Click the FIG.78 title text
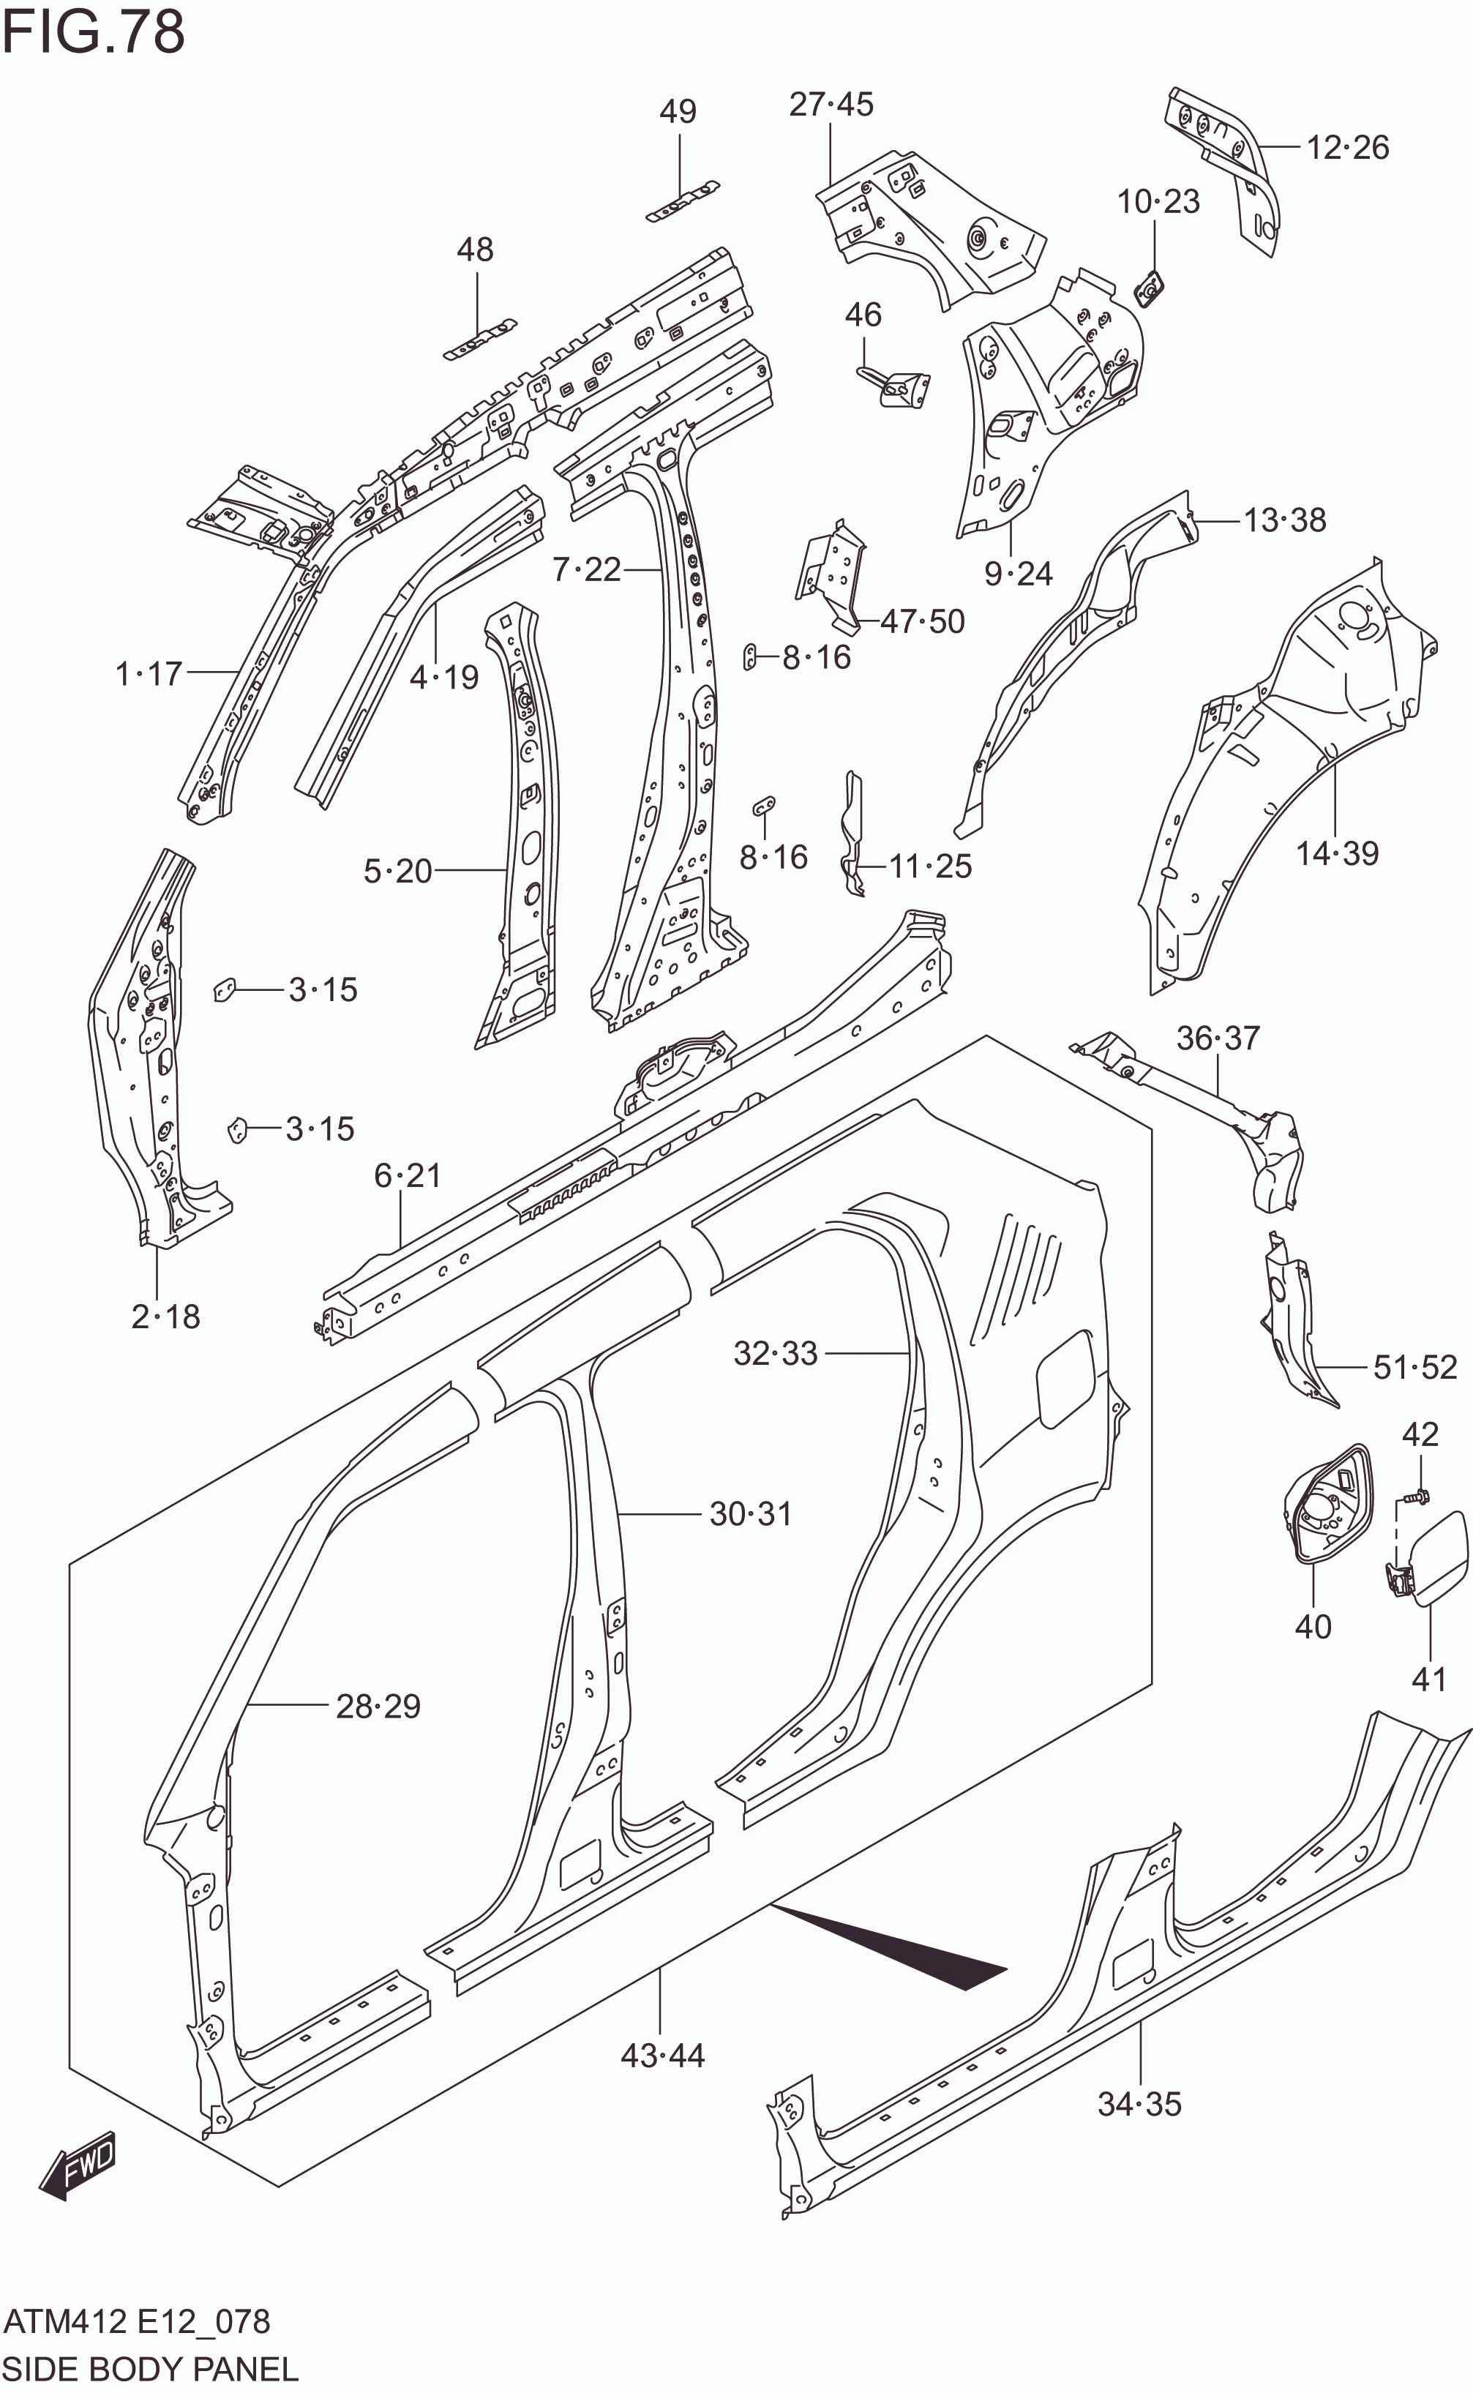click(x=94, y=31)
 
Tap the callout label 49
click(x=678, y=112)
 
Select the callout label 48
click(x=476, y=250)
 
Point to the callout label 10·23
click(x=1158, y=202)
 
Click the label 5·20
click(x=397, y=870)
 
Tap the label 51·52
click(x=1414, y=1367)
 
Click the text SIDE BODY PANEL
click(x=149, y=2369)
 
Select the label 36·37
click(x=1218, y=1038)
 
